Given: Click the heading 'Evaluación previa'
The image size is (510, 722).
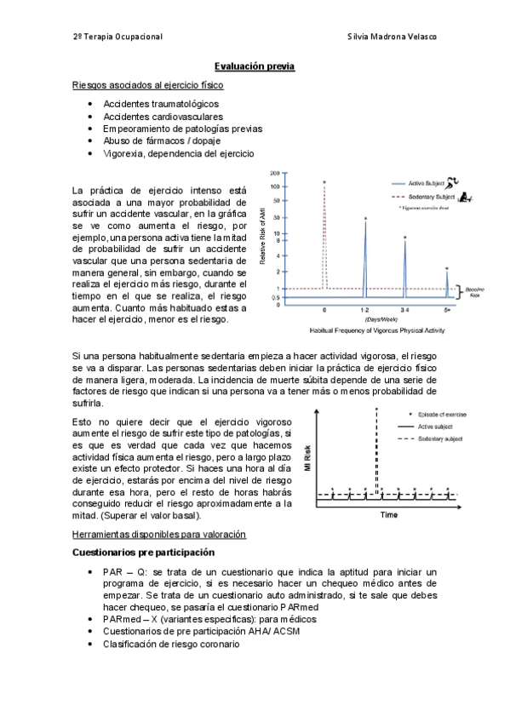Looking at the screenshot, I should [255, 66].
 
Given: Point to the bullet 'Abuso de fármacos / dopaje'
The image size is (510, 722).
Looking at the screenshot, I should [163, 140].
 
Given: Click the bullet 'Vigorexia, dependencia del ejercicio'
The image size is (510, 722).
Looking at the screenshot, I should [178, 153].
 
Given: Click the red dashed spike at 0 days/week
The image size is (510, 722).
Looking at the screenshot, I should [324, 238].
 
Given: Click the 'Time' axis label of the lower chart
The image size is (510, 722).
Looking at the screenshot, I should [388, 516].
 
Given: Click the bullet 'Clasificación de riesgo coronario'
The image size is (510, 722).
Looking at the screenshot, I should [171, 645].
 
